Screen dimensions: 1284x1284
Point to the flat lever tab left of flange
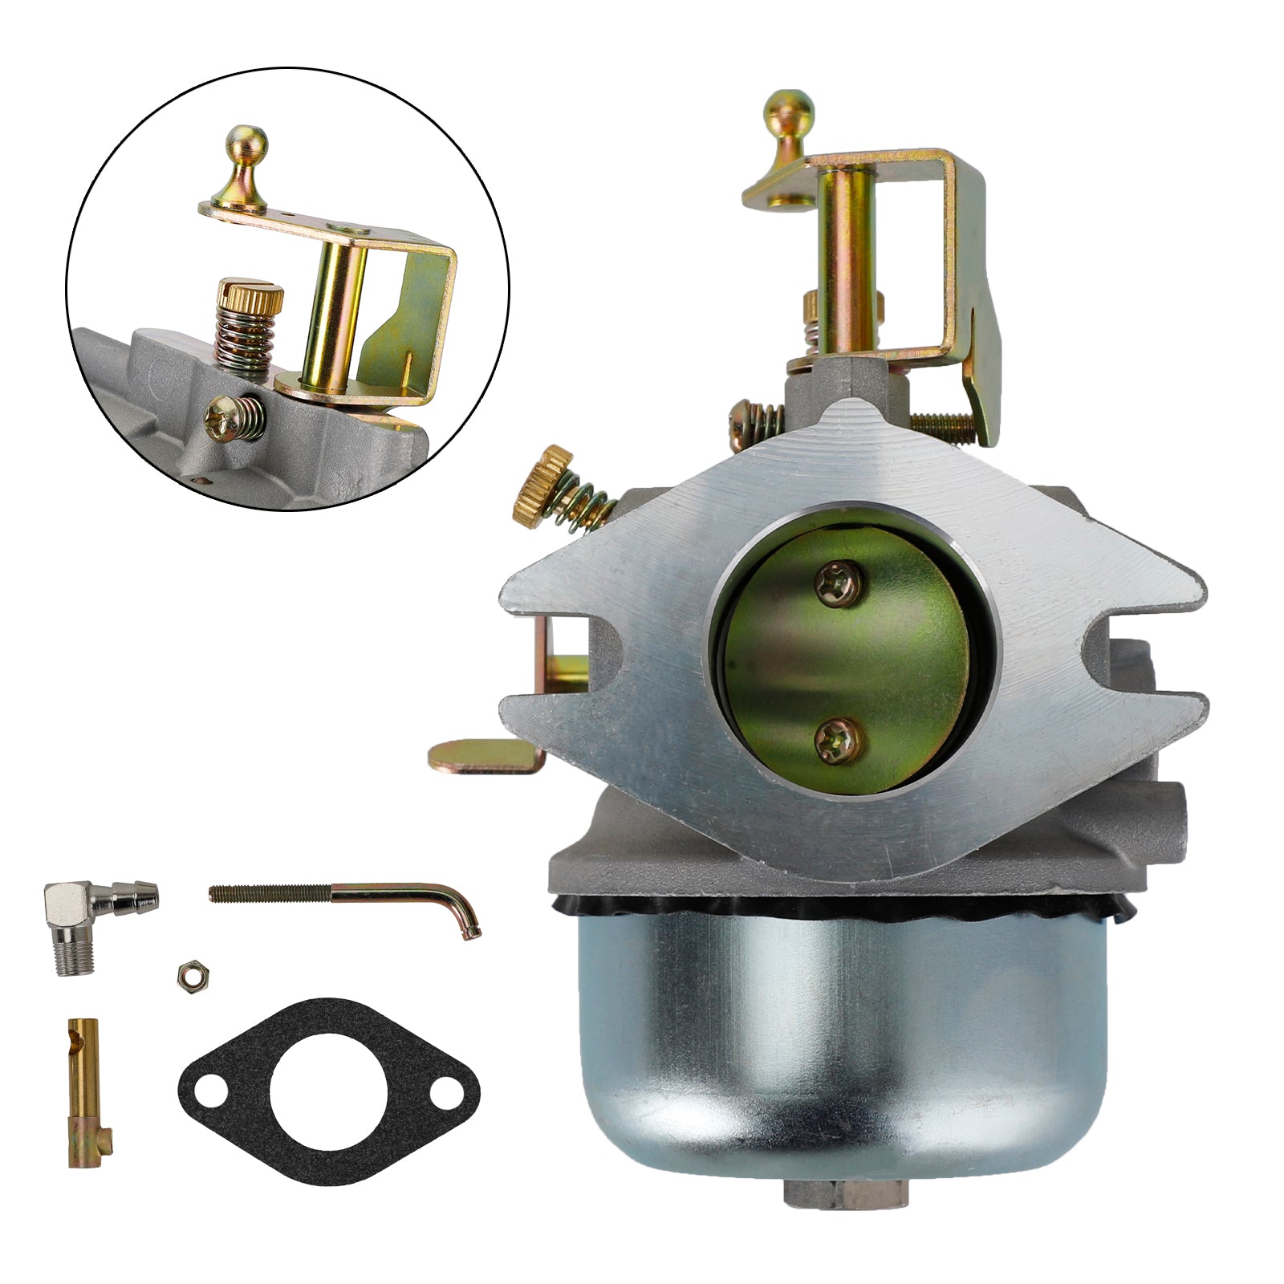tap(482, 755)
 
